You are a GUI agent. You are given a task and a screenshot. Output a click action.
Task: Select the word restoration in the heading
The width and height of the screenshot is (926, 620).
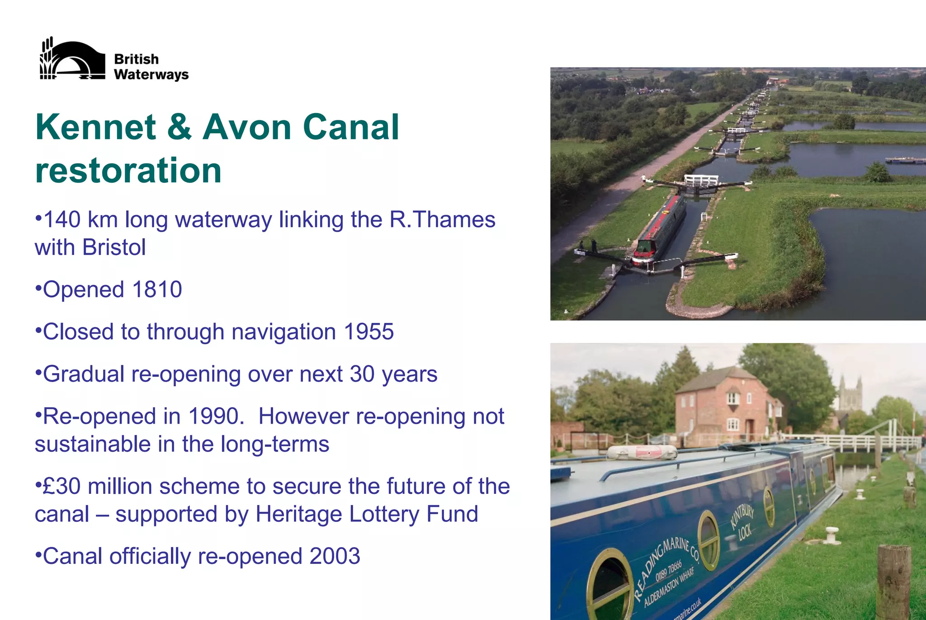click(x=128, y=170)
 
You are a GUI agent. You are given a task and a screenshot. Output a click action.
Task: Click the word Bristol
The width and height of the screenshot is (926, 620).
click(x=114, y=247)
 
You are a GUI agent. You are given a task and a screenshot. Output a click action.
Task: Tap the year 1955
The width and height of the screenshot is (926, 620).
click(x=369, y=332)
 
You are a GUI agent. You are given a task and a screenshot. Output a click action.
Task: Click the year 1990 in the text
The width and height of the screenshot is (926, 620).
click(x=213, y=416)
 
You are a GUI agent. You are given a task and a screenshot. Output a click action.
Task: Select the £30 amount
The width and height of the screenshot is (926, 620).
click(x=61, y=487)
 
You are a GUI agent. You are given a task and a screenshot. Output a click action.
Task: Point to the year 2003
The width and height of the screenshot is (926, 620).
click(x=335, y=556)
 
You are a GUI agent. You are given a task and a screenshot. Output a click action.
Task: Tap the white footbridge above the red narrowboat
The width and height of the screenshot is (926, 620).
click(x=701, y=180)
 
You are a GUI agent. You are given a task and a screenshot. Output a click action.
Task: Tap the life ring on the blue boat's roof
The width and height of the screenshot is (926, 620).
click(x=642, y=451)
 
